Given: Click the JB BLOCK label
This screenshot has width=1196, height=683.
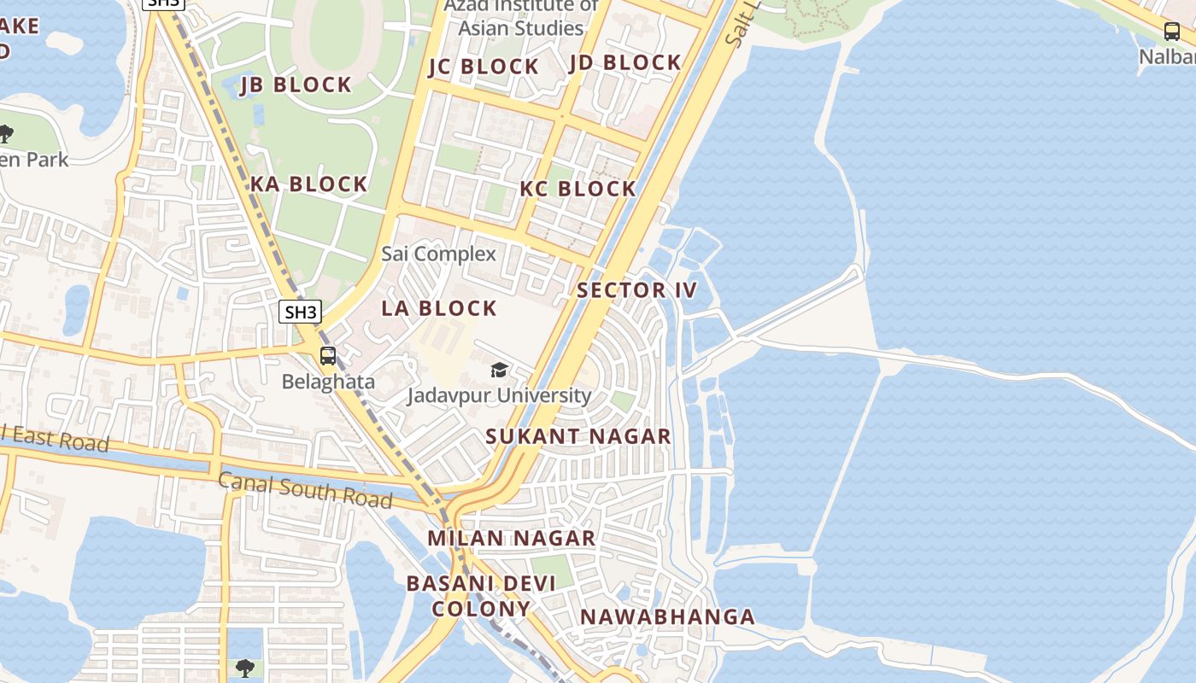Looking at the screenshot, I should [296, 85].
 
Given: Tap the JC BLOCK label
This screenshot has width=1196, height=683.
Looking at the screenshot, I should [484, 67].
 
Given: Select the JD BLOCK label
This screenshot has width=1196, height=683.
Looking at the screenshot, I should [625, 62].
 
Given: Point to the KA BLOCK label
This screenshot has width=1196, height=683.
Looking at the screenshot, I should [308, 184].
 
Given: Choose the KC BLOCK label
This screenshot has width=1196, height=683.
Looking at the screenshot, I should [578, 189].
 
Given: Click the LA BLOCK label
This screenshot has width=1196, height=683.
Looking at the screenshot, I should [439, 308].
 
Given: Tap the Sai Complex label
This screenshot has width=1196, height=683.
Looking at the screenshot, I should [438, 254].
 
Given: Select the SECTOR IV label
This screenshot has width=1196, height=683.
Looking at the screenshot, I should [637, 290].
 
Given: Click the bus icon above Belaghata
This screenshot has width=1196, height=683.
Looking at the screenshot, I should [328, 356].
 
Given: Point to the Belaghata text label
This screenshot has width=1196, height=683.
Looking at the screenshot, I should [328, 382].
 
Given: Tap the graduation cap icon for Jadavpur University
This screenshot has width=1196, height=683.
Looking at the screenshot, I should [499, 370].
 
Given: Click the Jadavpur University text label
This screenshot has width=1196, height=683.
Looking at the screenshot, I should [499, 395].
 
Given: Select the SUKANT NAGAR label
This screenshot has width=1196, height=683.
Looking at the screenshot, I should [578, 436].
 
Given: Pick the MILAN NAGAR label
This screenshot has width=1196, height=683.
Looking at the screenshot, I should [511, 539].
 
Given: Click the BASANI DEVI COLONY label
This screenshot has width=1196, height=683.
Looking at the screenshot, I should [481, 596].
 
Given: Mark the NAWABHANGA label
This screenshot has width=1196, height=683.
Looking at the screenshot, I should [667, 616].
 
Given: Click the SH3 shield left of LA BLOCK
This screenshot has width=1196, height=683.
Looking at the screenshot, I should [300, 312].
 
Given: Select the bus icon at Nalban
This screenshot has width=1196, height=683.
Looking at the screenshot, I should [1172, 32].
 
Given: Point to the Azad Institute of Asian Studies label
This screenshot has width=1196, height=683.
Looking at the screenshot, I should [521, 17].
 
